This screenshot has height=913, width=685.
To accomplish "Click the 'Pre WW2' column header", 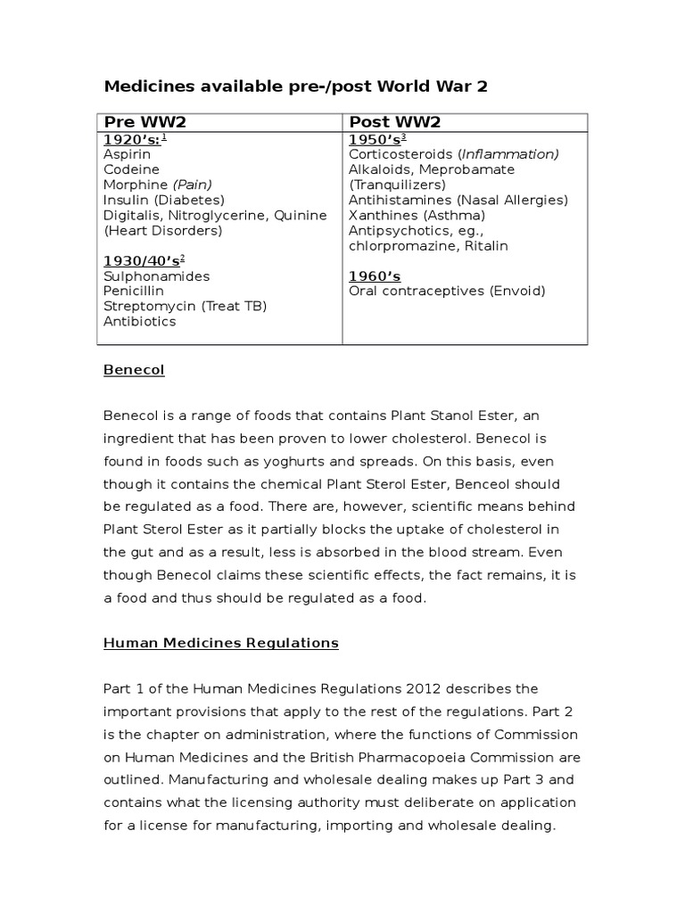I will click(145, 122).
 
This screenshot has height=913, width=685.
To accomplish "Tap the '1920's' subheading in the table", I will click(130, 139).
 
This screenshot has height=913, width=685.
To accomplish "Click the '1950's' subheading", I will click(376, 139).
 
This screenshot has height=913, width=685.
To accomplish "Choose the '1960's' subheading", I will click(375, 276).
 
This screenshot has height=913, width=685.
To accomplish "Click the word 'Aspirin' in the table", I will click(127, 154).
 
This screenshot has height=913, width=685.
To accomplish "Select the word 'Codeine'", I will click(131, 169).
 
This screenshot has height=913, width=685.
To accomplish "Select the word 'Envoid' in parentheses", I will click(516, 291).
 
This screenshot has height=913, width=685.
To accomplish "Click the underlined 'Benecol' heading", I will click(134, 369).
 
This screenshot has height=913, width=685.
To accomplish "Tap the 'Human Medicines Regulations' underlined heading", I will click(221, 642).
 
